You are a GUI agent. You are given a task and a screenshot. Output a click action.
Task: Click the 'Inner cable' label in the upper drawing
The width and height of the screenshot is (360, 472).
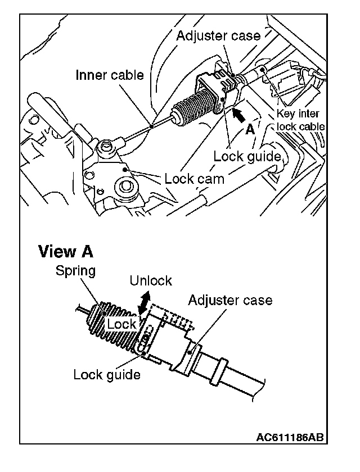[x=110, y=75]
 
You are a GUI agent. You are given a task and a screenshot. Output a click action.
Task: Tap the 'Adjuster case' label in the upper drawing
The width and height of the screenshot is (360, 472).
[x=218, y=36]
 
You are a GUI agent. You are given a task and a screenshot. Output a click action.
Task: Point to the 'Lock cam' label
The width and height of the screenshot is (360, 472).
[x=194, y=179]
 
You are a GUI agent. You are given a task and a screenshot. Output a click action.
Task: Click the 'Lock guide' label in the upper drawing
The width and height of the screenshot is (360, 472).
[x=247, y=156]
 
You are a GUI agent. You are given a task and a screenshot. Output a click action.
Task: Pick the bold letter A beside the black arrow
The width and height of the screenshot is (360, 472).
[x=250, y=129]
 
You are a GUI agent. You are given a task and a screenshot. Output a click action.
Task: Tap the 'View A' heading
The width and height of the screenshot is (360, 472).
[x=65, y=251]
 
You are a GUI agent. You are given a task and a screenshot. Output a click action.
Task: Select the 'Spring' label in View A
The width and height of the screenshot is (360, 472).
[x=75, y=270]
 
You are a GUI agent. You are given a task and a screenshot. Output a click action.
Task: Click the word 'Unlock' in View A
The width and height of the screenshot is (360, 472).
[x=151, y=280]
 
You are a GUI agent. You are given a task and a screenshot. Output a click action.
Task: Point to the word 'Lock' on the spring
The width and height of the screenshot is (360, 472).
[x=121, y=324]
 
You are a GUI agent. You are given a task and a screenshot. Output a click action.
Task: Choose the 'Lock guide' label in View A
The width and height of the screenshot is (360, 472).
[x=107, y=374]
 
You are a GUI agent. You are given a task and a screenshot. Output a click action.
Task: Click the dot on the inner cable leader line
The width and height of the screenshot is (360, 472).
[x=152, y=126]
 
